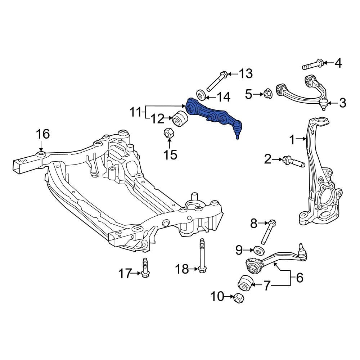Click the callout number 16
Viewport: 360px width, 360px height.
43,134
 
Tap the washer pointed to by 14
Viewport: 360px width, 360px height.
201,95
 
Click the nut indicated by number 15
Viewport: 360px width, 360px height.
169,133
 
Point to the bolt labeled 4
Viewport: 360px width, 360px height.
313,64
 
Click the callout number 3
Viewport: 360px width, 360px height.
342,103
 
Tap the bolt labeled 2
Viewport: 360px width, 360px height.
294,162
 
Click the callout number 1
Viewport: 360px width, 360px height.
292,140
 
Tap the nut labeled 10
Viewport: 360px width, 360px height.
239,298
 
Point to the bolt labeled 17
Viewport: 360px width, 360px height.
145,268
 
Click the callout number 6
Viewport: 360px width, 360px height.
300,278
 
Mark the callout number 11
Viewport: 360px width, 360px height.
135,112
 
